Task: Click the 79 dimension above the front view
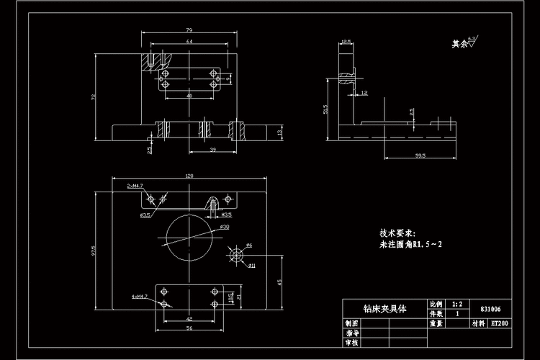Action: pos(188,30)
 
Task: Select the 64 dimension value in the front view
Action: pos(189,42)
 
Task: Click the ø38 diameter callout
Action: pos(224,227)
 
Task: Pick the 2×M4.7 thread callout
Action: pos(135,186)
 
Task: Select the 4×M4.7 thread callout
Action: pos(139,296)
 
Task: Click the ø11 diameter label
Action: pos(253,266)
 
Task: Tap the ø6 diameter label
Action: pos(248,246)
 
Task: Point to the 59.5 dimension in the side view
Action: pos(420,154)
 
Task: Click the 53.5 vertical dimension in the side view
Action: pos(326,109)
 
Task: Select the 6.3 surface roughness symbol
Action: pos(473,42)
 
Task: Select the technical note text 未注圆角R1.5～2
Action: pos(411,245)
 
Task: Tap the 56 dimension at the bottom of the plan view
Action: pos(189,328)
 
